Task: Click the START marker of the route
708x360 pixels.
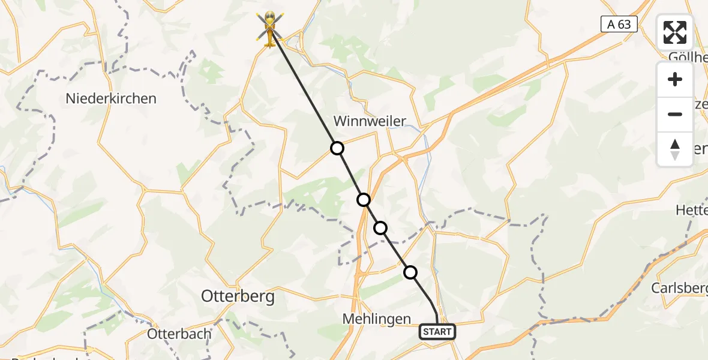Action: pyautogui.click(x=437, y=332)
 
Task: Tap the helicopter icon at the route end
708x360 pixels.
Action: pyautogui.click(x=271, y=29)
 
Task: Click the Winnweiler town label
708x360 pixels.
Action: pyautogui.click(x=370, y=121)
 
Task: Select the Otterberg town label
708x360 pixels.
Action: pyautogui.click(x=238, y=296)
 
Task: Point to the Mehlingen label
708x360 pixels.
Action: pyautogui.click(x=377, y=319)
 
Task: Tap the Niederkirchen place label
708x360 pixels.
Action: pyautogui.click(x=112, y=98)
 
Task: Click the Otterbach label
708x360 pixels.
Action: pyautogui.click(x=179, y=334)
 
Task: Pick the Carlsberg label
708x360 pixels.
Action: pyautogui.click(x=679, y=287)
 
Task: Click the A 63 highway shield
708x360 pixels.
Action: pyautogui.click(x=619, y=24)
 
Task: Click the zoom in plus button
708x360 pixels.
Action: pyautogui.click(x=675, y=79)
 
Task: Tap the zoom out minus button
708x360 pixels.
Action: pyautogui.click(x=675, y=114)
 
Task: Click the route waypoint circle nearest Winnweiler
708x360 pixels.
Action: pyautogui.click(x=337, y=148)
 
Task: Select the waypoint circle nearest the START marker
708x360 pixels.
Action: pyautogui.click(x=410, y=272)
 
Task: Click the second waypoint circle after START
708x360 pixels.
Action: pyautogui.click(x=380, y=228)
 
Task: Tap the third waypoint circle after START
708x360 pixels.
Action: pyautogui.click(x=364, y=200)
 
